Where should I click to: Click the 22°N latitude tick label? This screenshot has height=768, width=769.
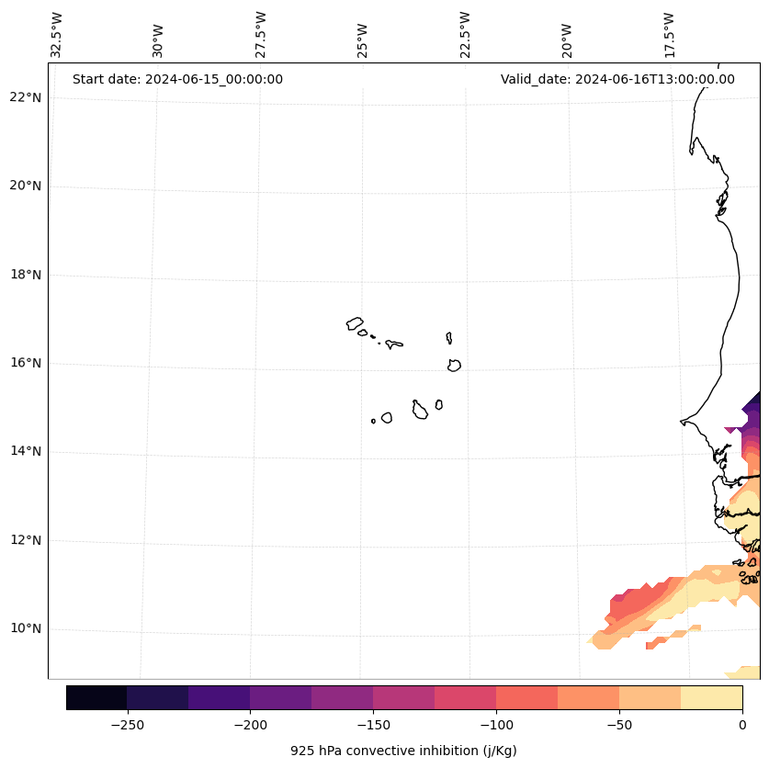coord(25,97)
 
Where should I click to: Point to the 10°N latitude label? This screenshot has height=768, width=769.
coord(25,629)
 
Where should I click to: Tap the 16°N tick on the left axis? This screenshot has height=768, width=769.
coord(25,364)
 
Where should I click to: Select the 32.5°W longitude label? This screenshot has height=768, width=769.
coord(57,35)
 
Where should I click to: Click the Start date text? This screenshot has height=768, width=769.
coord(177,79)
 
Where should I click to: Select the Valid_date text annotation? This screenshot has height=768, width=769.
coord(617,79)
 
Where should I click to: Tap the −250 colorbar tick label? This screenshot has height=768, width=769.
coord(127,725)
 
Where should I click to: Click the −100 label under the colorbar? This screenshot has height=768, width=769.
coord(496,725)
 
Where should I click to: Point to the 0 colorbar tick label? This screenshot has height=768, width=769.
coord(741,725)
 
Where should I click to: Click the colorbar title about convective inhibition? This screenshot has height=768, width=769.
coord(403,751)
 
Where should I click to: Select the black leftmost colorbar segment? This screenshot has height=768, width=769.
coord(96,697)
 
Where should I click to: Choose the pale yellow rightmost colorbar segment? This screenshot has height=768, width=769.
coord(711,697)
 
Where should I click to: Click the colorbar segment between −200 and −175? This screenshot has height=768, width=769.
coord(280,697)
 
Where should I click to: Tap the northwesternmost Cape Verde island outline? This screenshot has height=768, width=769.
coord(355,323)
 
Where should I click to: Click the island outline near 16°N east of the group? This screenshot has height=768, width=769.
coord(454,366)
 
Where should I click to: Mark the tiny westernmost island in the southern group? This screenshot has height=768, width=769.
coord(373,421)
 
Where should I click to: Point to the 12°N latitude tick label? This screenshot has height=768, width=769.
coord(25,540)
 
